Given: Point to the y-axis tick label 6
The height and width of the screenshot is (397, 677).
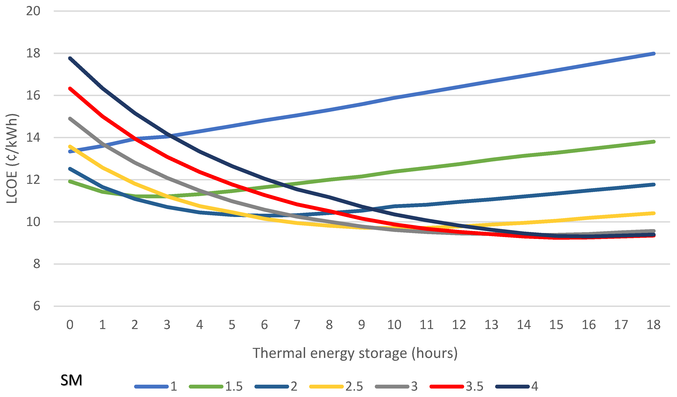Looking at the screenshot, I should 37,306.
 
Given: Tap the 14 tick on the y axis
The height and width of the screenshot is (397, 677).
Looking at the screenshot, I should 33,137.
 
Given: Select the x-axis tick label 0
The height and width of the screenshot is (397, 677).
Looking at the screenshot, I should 70,325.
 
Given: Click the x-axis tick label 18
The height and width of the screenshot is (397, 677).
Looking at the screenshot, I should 653,325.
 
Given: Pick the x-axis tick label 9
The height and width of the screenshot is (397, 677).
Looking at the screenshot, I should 362,325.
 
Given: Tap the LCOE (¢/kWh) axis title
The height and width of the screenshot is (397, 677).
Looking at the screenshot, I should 12,158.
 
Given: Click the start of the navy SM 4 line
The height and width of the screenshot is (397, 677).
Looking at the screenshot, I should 70,58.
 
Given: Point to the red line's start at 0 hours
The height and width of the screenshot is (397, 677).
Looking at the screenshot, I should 70,88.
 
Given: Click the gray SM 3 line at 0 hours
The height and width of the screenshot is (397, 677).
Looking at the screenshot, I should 70,118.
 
